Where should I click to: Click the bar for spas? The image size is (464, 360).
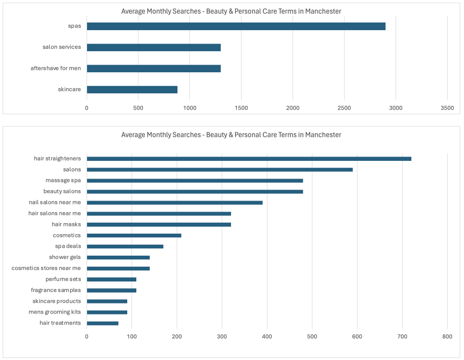coord(236,26)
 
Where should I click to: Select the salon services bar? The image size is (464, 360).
coord(154,47)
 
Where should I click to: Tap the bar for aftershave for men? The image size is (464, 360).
coord(154,68)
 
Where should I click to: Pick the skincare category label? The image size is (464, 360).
coord(69,89)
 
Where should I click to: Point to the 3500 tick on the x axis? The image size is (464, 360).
coord(447,108)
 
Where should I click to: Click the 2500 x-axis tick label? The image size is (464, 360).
coord(344,108)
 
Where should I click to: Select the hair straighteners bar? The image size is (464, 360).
coord(249,158)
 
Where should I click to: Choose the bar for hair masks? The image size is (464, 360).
coord(159,225)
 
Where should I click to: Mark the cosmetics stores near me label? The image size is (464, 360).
coord(46,268)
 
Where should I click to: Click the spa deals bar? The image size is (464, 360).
coord(125,247)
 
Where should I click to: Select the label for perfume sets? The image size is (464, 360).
coord(63,279)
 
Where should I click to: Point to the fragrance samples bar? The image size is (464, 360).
coord(111,290)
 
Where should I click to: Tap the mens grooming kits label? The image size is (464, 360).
coord(55,312)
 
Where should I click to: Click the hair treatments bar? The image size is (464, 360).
coord(102,323)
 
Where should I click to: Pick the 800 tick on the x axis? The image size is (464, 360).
coord(447,337)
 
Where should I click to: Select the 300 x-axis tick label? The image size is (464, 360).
coord(222,337)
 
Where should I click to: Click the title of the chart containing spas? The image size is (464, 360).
coord(231,11)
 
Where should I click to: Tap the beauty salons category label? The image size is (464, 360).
coord(62,191)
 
